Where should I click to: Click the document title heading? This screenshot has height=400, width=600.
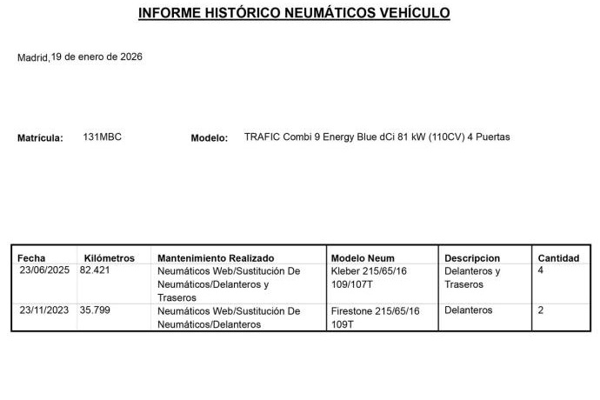[294, 13]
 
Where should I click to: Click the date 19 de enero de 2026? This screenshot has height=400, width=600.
[97, 57]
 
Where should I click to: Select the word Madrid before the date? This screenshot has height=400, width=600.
[32, 58]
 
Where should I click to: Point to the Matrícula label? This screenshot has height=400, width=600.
[40, 137]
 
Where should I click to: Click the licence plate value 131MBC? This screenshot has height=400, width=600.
[102, 137]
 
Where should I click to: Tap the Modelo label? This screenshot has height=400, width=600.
[209, 137]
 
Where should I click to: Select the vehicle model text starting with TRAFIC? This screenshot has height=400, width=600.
[377, 137]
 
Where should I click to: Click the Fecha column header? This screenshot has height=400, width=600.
[31, 258]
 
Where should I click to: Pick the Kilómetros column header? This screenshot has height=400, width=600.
[110, 258]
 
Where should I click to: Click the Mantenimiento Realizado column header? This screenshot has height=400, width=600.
[216, 258]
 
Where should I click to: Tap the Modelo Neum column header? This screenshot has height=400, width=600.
[363, 258]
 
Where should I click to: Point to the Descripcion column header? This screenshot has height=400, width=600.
[472, 258]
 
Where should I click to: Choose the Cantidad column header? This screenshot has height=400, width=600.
[558, 258]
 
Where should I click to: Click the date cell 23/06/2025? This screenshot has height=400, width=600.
[44, 270]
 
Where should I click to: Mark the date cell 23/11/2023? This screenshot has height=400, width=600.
[44, 310]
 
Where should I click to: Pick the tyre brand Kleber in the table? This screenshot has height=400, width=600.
[346, 271]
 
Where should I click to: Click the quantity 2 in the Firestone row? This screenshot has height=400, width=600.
[541, 310]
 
